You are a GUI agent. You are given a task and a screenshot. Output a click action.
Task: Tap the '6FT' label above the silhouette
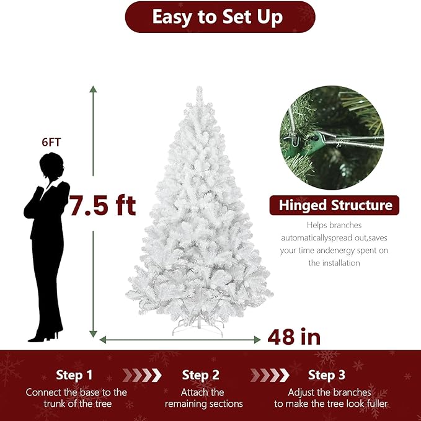(51, 142)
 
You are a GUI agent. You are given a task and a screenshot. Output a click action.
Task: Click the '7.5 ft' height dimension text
(103, 205)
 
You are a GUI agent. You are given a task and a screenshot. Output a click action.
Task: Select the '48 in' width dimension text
(294, 337)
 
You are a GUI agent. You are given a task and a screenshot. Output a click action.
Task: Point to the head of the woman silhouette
(50, 166)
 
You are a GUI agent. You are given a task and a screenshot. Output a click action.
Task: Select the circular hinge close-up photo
(331, 138)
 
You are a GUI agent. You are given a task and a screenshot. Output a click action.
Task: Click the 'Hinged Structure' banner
(334, 205)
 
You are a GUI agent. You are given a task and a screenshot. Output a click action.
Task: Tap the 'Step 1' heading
(74, 375)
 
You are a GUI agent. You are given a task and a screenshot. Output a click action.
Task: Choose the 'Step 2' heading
(201, 375)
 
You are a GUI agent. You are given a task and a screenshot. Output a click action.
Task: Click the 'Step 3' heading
(327, 375)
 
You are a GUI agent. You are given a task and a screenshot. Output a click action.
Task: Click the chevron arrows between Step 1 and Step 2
(142, 375)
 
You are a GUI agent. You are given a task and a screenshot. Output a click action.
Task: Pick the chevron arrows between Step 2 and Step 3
(270, 375)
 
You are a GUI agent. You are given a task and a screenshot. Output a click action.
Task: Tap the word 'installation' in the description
(334, 263)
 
